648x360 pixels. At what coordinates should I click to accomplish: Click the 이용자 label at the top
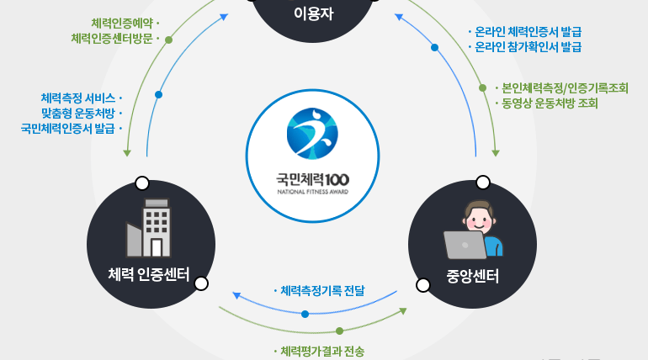(314, 14)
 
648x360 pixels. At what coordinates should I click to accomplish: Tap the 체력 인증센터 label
(149, 274)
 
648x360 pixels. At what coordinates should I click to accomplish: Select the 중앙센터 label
(472, 274)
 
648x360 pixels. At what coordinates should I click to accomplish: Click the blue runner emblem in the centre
(312, 133)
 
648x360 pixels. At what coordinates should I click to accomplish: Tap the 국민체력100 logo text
(312, 179)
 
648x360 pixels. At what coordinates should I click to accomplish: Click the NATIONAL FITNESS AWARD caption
(312, 192)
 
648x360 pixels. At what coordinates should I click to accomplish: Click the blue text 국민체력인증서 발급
(68, 129)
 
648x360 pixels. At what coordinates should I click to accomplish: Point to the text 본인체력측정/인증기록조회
(565, 87)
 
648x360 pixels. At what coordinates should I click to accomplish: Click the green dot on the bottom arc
(340, 331)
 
